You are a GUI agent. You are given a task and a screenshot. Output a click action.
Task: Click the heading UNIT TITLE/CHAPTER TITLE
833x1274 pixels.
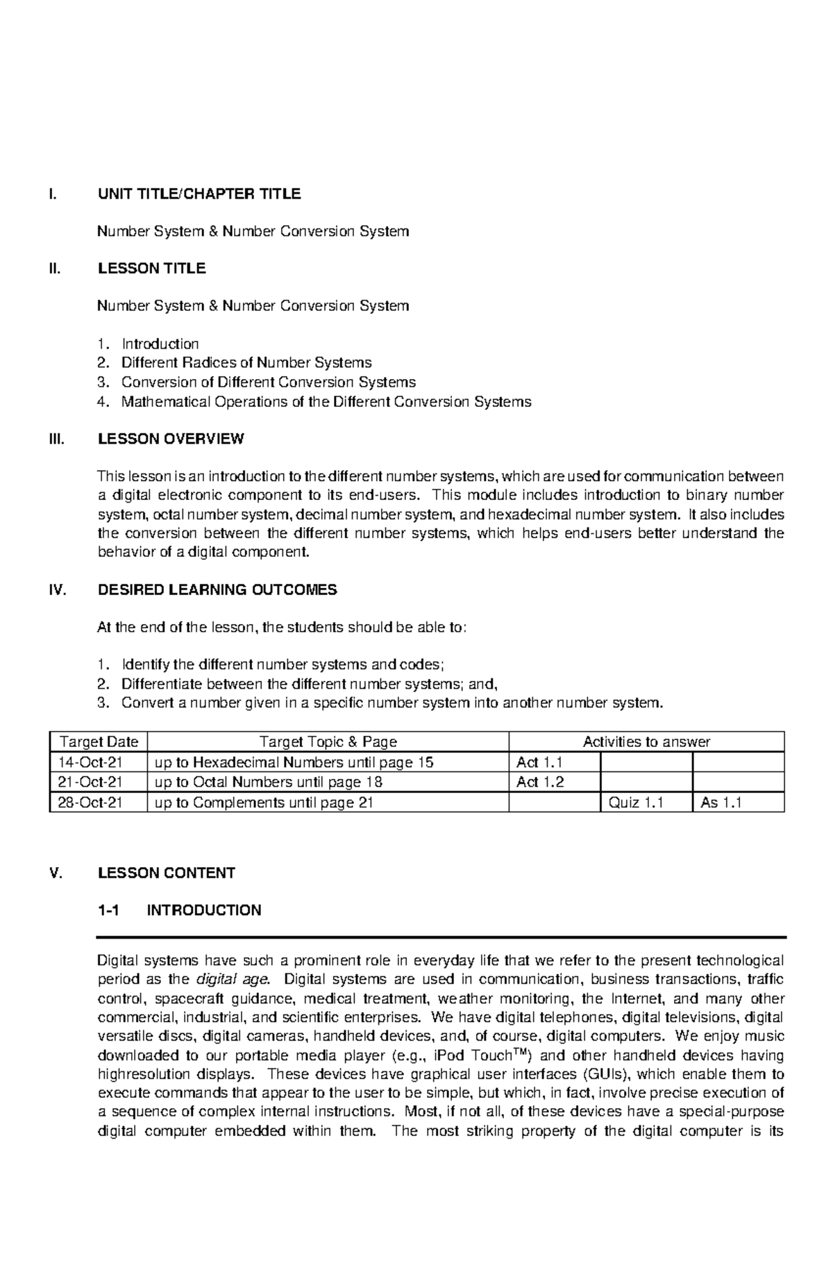point(199,194)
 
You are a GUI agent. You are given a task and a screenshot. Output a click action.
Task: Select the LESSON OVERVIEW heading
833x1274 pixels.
point(171,439)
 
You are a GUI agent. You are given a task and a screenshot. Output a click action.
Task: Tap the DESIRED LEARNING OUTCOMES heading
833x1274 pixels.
point(217,590)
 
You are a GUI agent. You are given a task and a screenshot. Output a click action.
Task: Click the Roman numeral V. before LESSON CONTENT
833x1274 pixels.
point(56,873)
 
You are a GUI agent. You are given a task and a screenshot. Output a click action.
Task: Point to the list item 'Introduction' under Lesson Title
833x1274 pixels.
point(160,344)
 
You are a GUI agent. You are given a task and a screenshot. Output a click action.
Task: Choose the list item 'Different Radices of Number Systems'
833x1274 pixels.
point(246,362)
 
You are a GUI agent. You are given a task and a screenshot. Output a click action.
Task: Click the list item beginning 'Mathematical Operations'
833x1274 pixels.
point(326,401)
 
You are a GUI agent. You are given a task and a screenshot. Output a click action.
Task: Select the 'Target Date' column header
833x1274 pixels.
point(98,741)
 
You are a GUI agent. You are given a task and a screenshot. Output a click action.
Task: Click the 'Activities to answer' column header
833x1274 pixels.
point(646,741)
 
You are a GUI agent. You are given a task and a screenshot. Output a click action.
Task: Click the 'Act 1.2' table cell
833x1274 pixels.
point(540,782)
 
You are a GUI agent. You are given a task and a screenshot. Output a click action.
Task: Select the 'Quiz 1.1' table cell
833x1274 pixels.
point(636,803)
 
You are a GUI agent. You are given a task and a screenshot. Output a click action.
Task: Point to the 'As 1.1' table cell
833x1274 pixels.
point(721,803)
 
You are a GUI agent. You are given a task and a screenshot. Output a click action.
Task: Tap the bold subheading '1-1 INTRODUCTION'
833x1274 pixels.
point(179,910)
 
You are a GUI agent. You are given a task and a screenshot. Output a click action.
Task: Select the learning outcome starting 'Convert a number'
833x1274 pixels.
point(392,703)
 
